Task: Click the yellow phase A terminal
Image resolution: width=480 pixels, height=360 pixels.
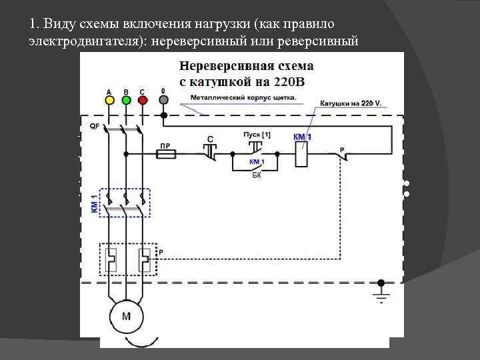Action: (x=109, y=99)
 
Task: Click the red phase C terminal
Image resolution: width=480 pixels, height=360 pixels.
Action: (x=141, y=99)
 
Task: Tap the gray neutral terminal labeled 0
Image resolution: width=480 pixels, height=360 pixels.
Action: (x=163, y=99)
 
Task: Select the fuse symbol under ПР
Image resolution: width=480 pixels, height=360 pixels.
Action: (x=165, y=153)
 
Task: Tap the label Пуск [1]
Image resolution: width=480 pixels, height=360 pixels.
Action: (x=257, y=135)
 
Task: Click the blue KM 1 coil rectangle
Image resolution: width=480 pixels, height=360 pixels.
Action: (x=301, y=153)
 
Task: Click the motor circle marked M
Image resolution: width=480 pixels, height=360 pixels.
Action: (x=125, y=316)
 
